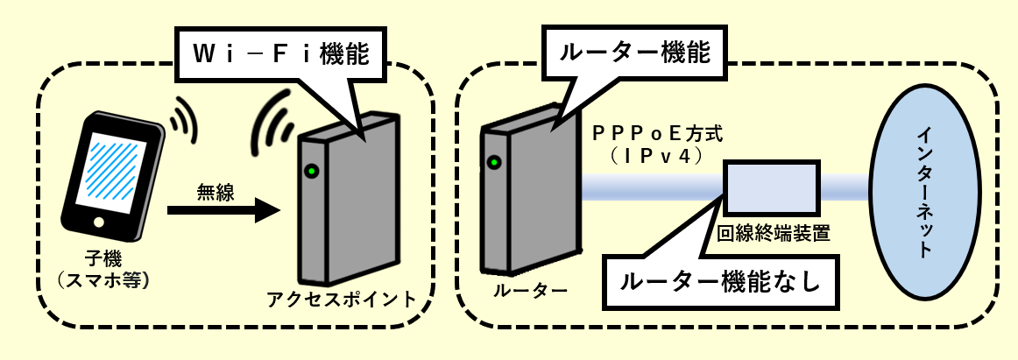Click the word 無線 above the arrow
pyautogui.click(x=216, y=192)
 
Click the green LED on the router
pyautogui.click(x=495, y=162)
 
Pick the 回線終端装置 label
pyautogui.click(x=772, y=233)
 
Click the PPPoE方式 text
pyautogui.click(x=657, y=134)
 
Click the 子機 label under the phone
pyautogui.click(x=104, y=259)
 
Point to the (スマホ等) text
pyautogui.click(x=104, y=280)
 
